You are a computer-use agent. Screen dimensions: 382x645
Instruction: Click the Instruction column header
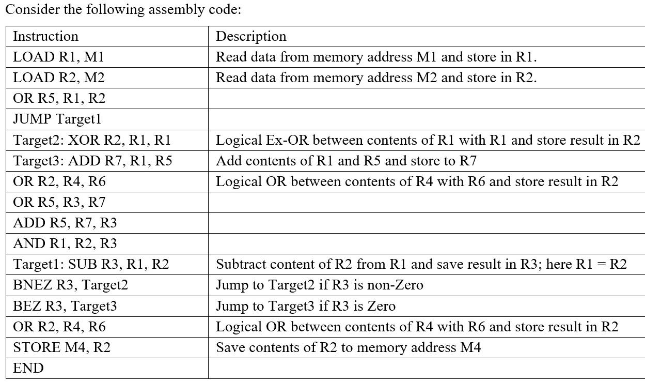(45, 36)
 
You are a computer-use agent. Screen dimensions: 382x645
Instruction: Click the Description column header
(251, 36)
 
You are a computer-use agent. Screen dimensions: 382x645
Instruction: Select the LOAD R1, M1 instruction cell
(58, 57)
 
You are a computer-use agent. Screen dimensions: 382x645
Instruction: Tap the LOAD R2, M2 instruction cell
(58, 78)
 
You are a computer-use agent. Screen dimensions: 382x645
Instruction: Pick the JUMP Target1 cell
(57, 119)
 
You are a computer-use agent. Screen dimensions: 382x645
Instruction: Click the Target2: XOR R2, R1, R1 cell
(92, 140)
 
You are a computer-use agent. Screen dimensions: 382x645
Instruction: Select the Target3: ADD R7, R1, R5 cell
(92, 161)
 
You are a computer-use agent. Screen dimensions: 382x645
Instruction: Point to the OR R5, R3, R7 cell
(59, 202)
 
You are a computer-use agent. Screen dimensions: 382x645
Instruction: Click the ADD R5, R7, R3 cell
(65, 223)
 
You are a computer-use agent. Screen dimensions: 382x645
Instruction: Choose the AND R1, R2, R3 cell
(65, 243)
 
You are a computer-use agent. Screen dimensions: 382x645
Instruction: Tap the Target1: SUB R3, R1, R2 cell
(91, 264)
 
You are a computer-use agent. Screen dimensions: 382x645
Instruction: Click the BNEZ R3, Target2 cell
(70, 285)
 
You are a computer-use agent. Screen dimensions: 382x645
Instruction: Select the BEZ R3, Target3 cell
(65, 306)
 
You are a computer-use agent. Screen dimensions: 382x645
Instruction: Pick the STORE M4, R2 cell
(61, 347)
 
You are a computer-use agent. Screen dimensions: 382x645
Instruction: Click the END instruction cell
(28, 368)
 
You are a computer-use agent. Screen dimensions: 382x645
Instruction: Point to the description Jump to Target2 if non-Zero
(319, 285)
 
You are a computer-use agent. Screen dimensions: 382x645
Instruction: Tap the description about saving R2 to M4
(348, 347)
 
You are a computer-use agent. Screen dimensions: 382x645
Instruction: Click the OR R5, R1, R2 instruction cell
(59, 98)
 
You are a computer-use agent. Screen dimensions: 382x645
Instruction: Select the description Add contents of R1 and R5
(346, 161)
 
